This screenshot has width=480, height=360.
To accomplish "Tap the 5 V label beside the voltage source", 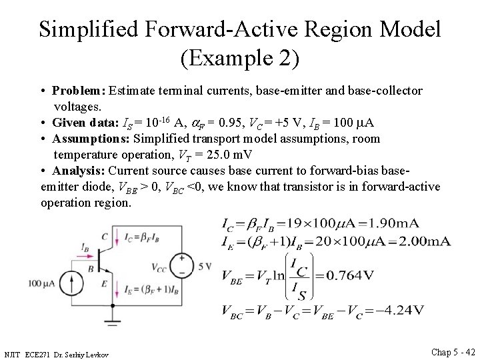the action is click(204, 267).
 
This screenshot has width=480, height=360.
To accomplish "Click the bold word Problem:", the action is click(79, 90).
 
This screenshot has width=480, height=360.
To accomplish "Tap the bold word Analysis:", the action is click(79, 171).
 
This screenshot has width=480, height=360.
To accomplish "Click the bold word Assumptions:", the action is click(92, 139).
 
